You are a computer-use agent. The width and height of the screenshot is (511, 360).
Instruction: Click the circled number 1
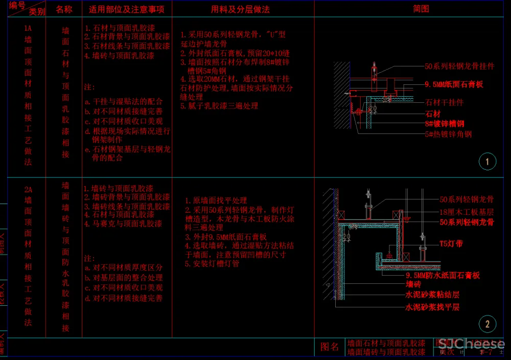(x=487, y=162)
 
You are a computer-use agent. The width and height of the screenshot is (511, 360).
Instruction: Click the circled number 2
(x=487, y=324)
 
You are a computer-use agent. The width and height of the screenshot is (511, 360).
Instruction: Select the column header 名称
(x=64, y=9)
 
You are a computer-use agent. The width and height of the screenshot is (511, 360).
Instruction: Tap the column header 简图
(x=421, y=9)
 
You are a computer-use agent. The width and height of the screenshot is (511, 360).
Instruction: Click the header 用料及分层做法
(x=240, y=9)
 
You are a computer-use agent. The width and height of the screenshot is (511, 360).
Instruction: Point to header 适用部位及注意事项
(x=127, y=9)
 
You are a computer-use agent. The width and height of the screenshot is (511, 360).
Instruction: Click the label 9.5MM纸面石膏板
(x=454, y=84)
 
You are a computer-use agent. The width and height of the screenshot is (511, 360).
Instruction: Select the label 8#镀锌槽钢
(x=445, y=124)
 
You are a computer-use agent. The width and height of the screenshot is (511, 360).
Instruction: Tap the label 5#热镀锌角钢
(x=448, y=134)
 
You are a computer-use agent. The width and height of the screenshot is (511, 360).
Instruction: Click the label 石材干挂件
(x=445, y=103)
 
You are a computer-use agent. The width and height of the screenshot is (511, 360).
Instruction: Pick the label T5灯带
(x=451, y=244)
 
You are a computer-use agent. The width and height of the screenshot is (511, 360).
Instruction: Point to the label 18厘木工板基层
(x=467, y=211)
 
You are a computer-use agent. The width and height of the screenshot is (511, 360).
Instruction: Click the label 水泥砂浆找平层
(x=432, y=307)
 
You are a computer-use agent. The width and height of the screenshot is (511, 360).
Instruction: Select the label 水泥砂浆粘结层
(x=432, y=295)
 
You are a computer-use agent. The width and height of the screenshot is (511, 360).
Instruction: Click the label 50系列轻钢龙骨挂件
(x=459, y=66)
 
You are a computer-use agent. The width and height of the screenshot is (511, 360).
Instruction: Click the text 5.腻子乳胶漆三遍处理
(x=219, y=106)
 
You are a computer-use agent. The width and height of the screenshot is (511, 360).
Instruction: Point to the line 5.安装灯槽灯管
(x=212, y=264)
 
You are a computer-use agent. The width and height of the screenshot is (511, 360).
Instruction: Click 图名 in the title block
(x=330, y=347)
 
